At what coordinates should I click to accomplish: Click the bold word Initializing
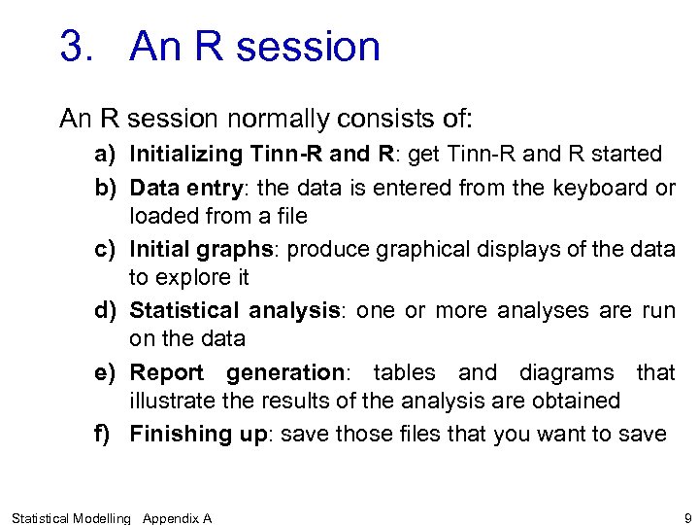tap(185, 154)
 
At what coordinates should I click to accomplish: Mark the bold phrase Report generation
tap(237, 372)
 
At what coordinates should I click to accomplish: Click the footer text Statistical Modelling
tap(71, 518)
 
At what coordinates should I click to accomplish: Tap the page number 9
tap(687, 517)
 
